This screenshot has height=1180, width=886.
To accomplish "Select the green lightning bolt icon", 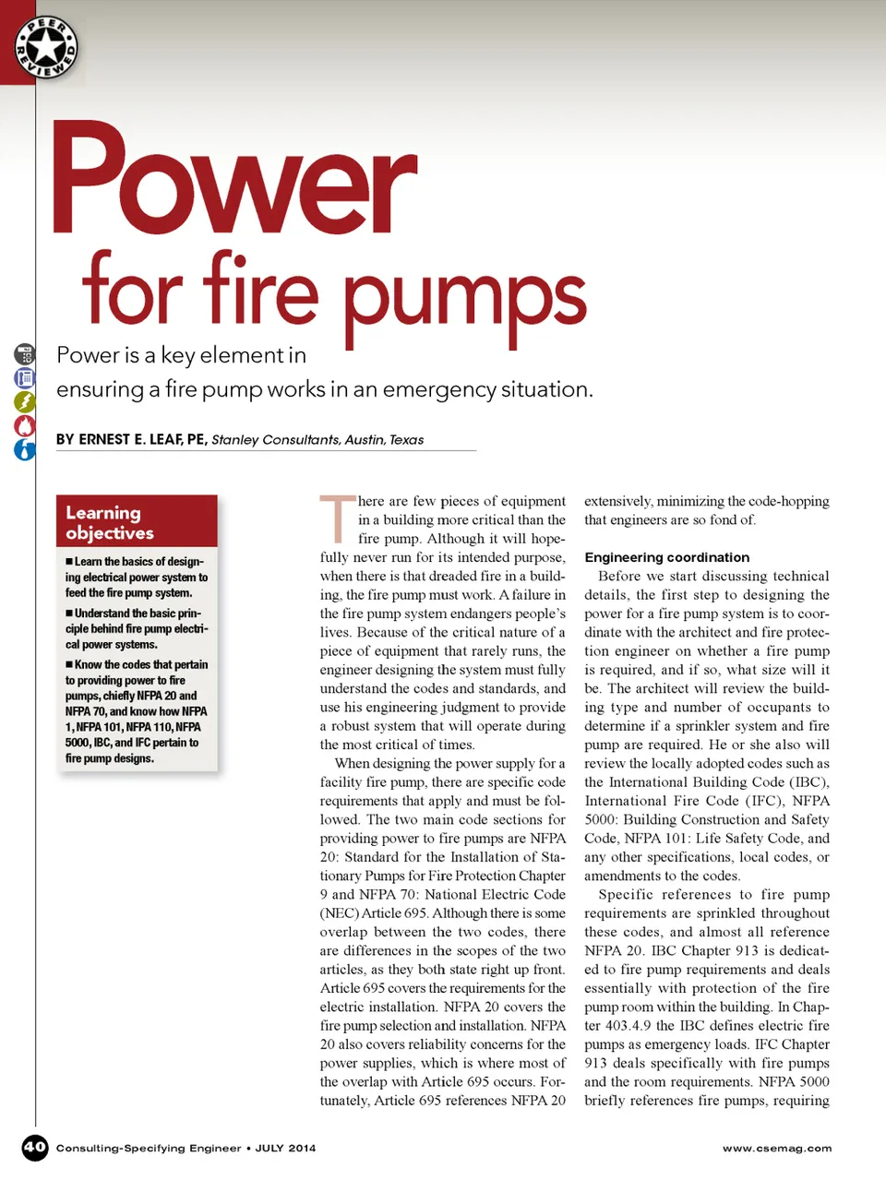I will (25, 401).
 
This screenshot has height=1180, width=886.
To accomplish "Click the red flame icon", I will (25, 425).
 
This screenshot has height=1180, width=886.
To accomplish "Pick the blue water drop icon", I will (25, 449).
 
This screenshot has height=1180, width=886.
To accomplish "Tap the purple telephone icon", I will (25, 377).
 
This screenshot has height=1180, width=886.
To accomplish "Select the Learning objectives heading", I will (110, 522).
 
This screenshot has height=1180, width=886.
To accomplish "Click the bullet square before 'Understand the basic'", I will (69, 614).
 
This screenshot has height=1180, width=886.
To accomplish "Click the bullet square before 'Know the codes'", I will (69, 665).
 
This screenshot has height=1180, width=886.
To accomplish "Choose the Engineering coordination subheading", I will (666, 557).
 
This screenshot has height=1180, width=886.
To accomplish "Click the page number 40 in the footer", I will (34, 1148).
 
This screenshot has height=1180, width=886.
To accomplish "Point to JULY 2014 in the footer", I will (285, 1149).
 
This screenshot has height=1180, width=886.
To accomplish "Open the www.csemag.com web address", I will (776, 1149).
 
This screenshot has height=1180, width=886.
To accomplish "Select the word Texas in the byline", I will (406, 440).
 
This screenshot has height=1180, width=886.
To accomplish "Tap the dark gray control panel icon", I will (25, 353).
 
